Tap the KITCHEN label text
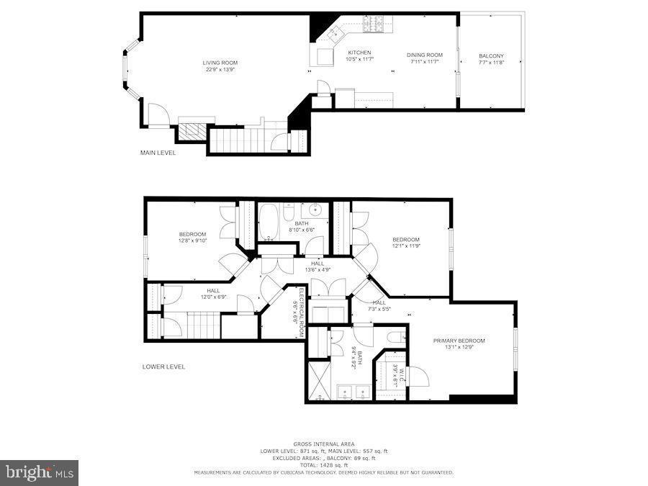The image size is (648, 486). coord(359,53)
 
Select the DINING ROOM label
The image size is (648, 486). coord(424,55)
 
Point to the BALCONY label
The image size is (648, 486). coord(491,55)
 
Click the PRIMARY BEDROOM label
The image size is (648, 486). coord(459,341)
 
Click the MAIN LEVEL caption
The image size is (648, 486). coord(158,153)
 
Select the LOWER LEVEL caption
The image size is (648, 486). coord(163,366)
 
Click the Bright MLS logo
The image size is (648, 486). coord(40,472)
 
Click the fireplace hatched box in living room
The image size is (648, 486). coord(192,132)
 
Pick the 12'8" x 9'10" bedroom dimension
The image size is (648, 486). coord(192,241)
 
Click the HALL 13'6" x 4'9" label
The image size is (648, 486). coord(317,268)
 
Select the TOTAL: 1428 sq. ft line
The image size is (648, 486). coord(323,464)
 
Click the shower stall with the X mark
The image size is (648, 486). coord(318,379)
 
